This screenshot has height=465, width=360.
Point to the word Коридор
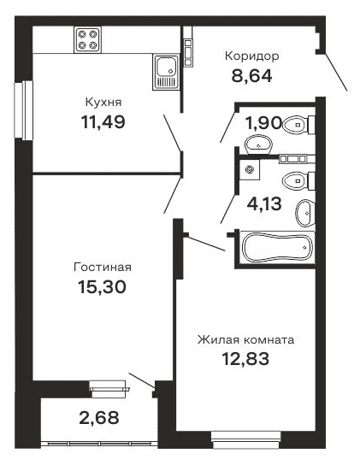[251, 56]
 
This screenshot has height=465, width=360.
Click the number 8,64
[251, 75]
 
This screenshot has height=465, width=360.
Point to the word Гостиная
[101, 267]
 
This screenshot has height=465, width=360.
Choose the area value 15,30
[102, 287]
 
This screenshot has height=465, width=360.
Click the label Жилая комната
[245, 339]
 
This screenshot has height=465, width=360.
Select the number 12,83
[245, 359]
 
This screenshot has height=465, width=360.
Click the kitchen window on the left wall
[28, 111]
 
